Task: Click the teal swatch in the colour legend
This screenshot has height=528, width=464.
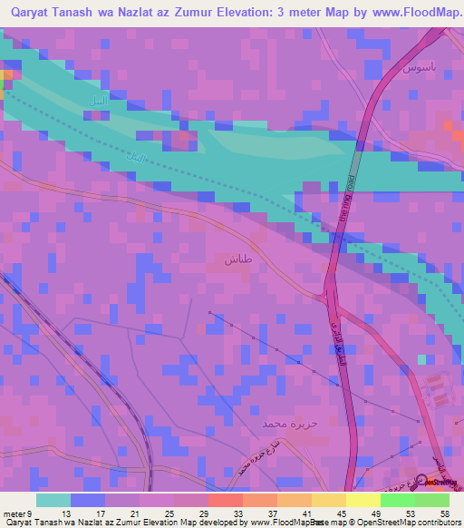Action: click(53, 501)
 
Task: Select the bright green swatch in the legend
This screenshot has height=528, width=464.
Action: click(398, 501)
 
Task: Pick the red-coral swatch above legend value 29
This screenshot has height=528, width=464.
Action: click(226, 501)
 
